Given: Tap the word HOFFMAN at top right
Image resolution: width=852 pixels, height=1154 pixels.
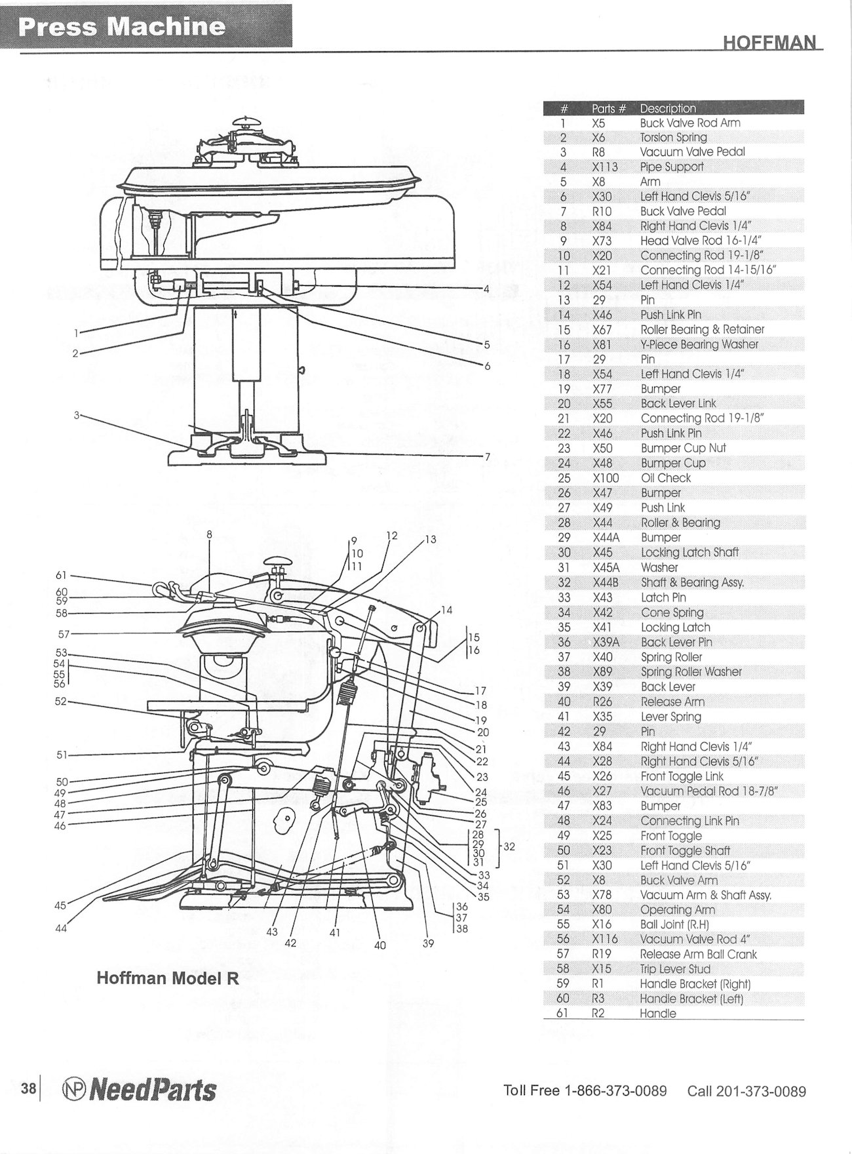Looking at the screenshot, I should [771, 43].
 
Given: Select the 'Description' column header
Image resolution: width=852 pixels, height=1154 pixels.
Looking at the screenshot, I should [668, 108].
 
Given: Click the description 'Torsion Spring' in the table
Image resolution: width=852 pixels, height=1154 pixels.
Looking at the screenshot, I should [673, 137].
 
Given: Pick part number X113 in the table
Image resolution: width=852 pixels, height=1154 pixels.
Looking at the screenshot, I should [604, 167].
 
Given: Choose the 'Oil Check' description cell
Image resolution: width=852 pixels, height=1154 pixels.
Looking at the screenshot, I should [665, 478].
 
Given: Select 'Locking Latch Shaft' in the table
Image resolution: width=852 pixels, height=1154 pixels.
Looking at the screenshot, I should [689, 552].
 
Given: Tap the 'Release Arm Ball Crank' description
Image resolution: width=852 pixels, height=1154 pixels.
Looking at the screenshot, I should [698, 954].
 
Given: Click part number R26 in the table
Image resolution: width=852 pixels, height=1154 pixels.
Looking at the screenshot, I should [602, 702].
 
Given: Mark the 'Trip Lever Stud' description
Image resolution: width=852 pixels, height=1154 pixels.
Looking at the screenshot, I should [675, 969].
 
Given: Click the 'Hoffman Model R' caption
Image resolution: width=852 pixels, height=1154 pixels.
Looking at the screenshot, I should [167, 979].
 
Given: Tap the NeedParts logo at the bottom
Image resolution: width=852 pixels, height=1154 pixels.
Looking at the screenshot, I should [139, 1090].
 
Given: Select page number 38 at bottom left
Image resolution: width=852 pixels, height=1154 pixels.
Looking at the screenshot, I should [28, 1089].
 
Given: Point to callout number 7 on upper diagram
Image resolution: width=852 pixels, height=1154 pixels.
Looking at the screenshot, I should [487, 456].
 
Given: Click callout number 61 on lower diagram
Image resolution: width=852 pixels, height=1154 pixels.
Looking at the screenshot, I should [62, 576].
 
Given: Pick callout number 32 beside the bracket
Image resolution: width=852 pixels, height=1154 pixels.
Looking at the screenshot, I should [509, 846].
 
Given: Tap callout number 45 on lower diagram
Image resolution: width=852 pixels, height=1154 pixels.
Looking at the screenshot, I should [60, 905].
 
